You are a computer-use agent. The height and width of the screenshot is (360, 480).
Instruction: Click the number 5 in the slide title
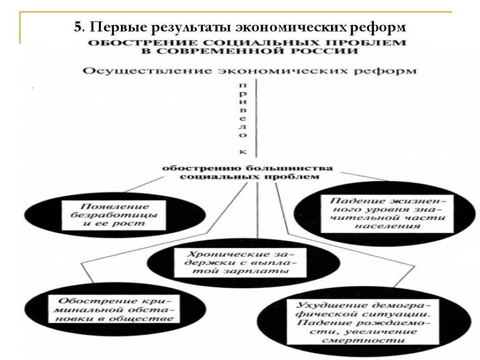click(77, 27)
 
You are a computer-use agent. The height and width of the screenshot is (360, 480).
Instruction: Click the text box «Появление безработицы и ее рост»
click(114, 215)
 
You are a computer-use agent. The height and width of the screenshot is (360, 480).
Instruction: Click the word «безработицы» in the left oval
click(114, 215)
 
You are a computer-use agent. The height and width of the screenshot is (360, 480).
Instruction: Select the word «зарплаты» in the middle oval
click(267, 271)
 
